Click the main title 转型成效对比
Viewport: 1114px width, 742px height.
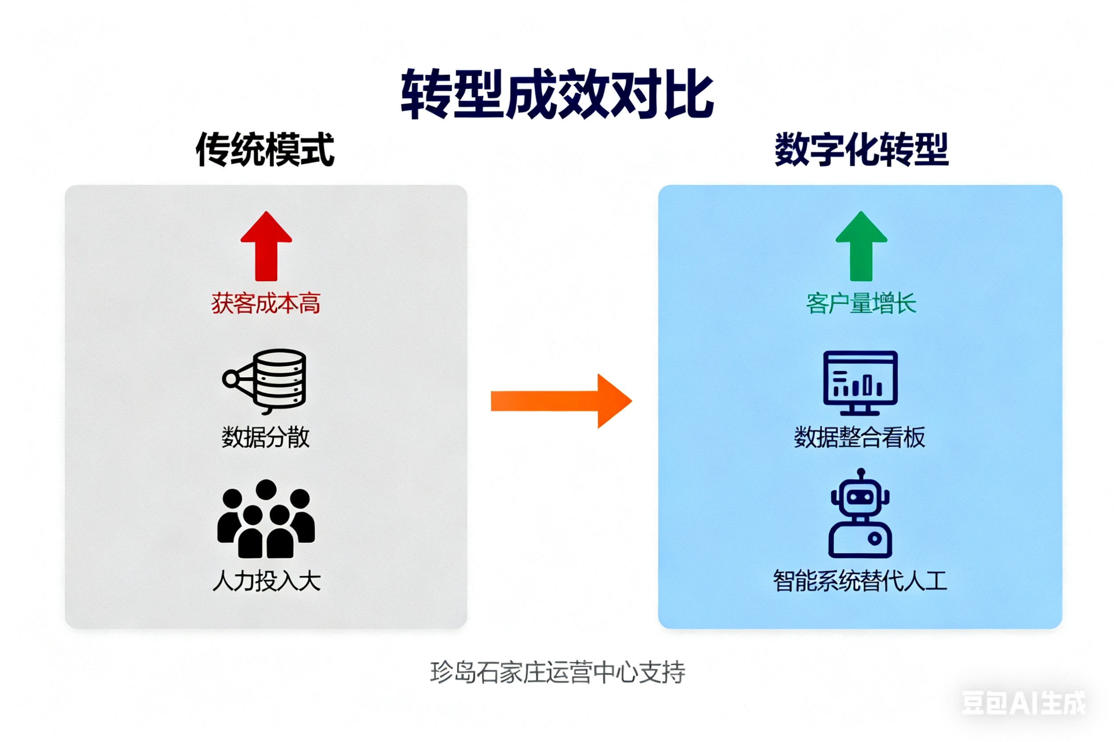tap(557, 94)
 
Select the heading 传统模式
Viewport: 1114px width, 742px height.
tap(265, 150)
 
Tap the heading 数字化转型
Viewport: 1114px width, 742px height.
tap(861, 150)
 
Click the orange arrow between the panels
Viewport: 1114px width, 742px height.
tap(561, 401)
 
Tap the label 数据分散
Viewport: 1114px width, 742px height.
tap(266, 437)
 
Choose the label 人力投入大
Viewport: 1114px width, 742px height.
tap(267, 580)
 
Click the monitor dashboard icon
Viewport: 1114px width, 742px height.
tap(860, 383)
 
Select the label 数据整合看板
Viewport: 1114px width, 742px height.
tap(859, 437)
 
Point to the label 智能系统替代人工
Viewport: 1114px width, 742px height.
tap(859, 580)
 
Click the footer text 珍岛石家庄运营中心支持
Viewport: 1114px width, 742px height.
tap(557, 672)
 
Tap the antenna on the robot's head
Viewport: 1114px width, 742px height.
tap(861, 473)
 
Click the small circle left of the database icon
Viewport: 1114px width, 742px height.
tap(231, 379)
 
